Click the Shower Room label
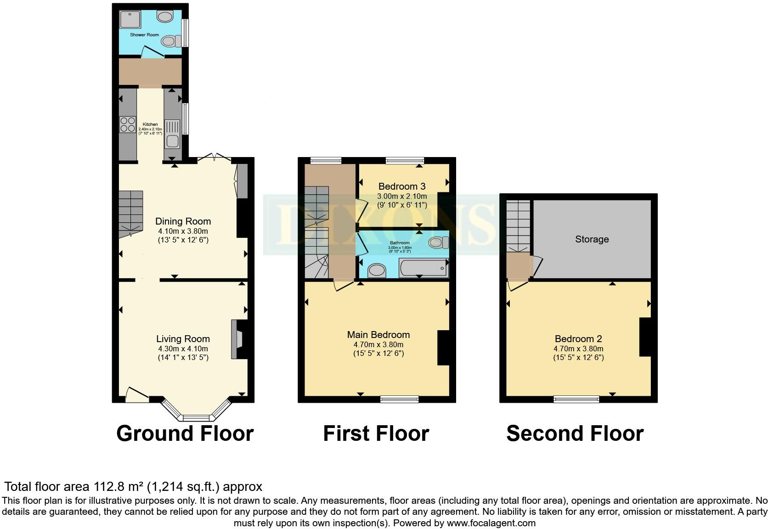pos(144,35)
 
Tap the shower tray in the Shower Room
pos(131,20)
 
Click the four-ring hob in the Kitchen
pos(128,124)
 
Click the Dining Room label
pos(183,221)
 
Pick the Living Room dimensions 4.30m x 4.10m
pos(183,349)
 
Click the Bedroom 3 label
pos(402,186)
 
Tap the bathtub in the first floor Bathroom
pos(423,268)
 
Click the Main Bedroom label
pos(378,335)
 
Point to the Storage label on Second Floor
pos(592,239)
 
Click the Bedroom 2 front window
pos(576,399)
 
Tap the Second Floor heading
pos(575,433)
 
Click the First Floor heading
pos(376,433)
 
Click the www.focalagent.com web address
pos(491,523)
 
